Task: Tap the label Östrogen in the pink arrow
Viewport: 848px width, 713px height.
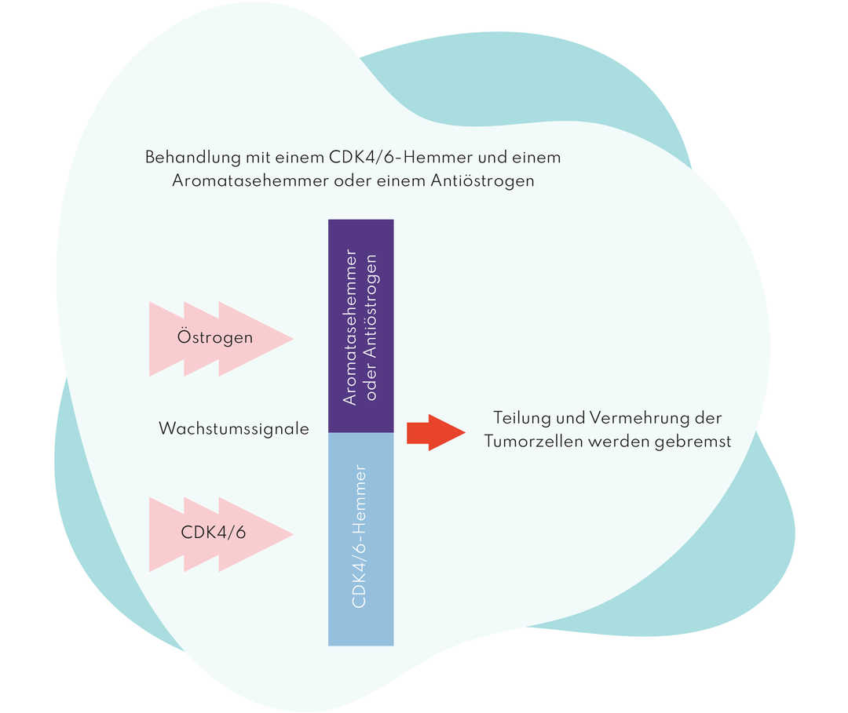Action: [215, 338]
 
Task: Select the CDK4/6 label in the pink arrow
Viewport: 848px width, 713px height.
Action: [213, 532]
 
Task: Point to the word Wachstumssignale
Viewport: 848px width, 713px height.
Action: [233, 429]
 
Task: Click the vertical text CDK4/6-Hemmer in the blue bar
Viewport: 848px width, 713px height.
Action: [360, 537]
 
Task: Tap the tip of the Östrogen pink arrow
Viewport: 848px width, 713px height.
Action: [291, 339]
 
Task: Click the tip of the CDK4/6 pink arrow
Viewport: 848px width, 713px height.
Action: [291, 536]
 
